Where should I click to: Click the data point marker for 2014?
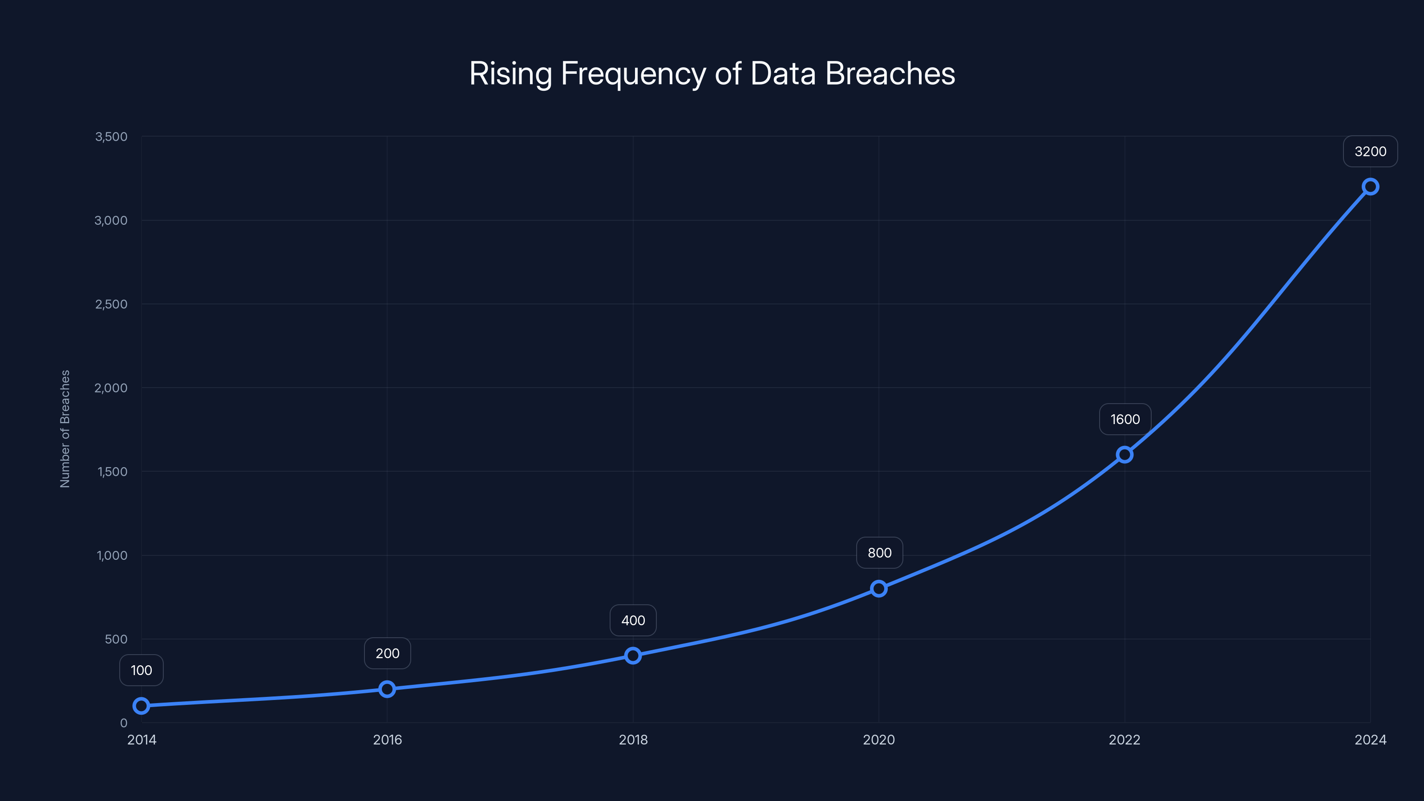pyautogui.click(x=142, y=706)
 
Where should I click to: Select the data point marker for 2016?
pyautogui.click(x=387, y=689)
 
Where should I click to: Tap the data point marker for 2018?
pyautogui.click(x=633, y=655)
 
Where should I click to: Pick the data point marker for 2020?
pyautogui.click(x=879, y=589)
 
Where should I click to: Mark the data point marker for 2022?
pyautogui.click(x=1125, y=454)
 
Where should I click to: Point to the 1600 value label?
pyautogui.click(x=1125, y=420)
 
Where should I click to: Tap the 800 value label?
pyautogui.click(x=879, y=553)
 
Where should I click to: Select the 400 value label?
pyautogui.click(x=633, y=620)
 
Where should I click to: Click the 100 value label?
pyautogui.click(x=142, y=671)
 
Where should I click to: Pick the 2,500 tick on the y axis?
pyautogui.click(x=111, y=304)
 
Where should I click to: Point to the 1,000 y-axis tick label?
pyautogui.click(x=112, y=555)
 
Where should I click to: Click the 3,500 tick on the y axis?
pyautogui.click(x=111, y=137)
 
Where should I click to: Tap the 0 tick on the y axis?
pyautogui.click(x=124, y=723)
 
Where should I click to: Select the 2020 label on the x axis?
pyautogui.click(x=879, y=740)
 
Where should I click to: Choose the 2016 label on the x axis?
pyautogui.click(x=387, y=740)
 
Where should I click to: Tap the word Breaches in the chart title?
pyautogui.click(x=890, y=73)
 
